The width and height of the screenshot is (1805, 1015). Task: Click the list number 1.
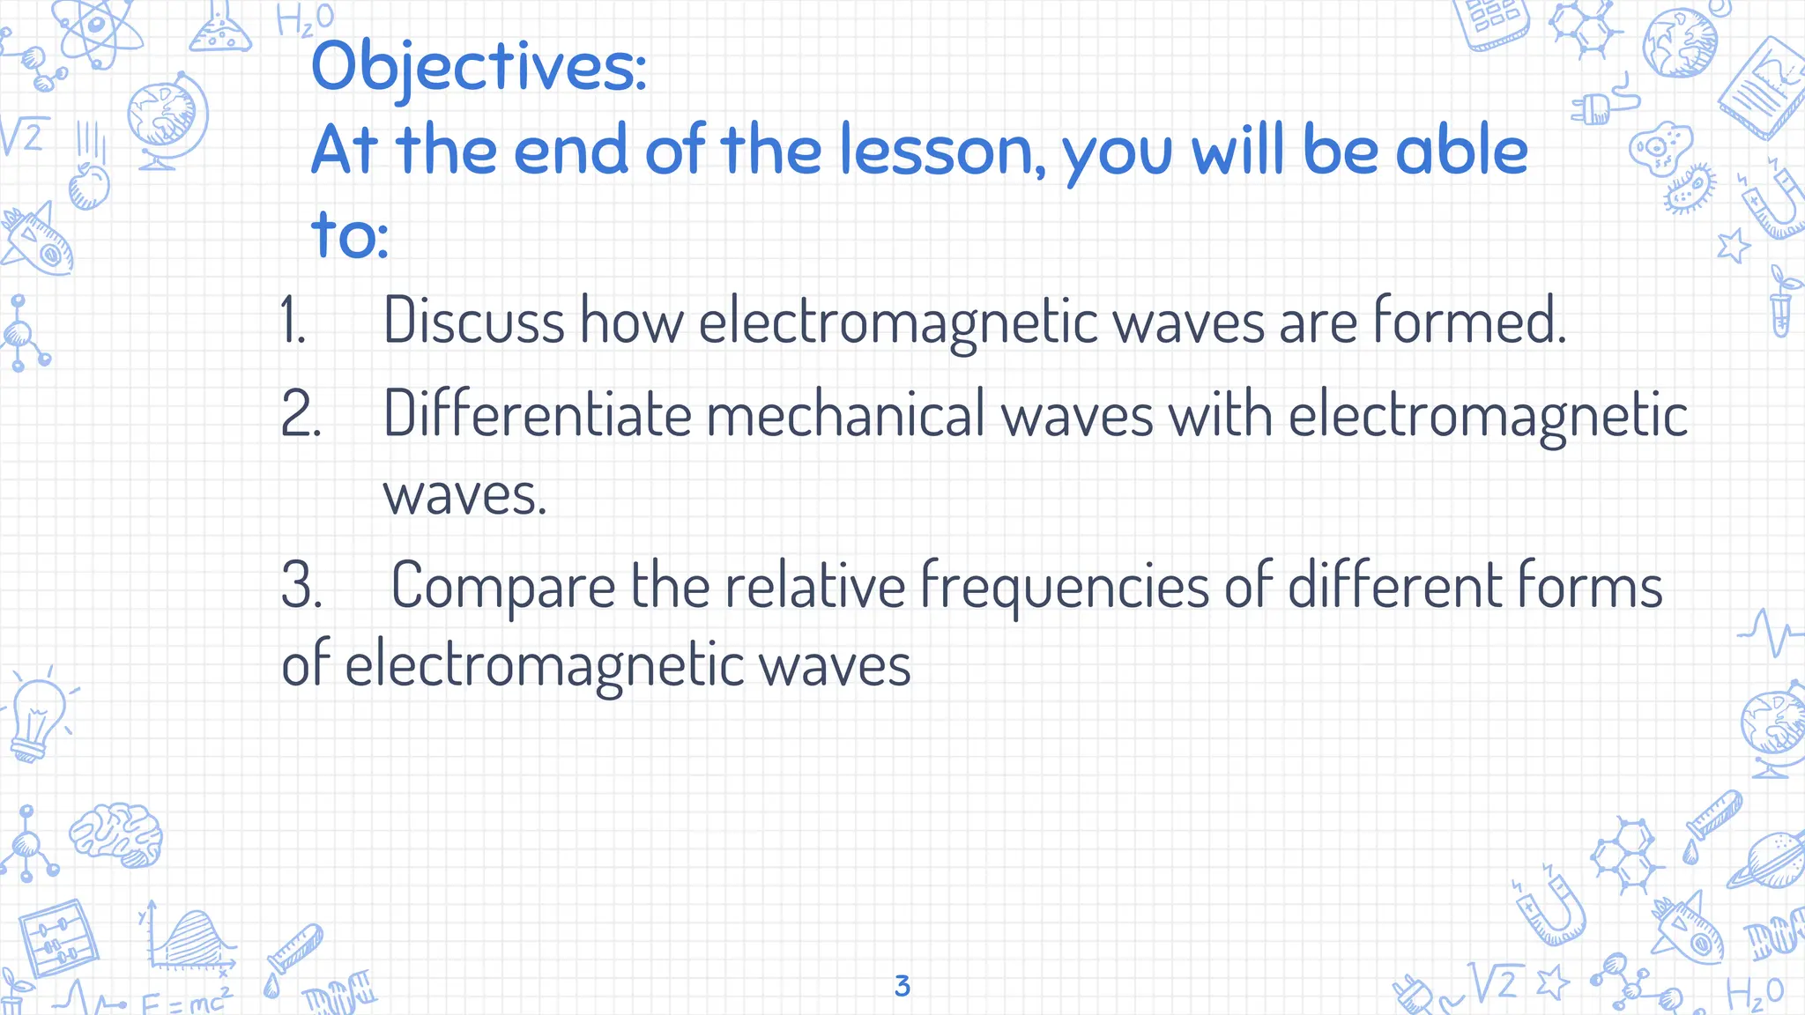(x=293, y=321)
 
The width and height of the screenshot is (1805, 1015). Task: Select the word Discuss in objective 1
(x=473, y=321)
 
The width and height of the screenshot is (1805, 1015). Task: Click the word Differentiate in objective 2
(x=538, y=414)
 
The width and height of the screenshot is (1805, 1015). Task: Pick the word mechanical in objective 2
(x=845, y=414)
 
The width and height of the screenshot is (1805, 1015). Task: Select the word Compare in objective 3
(x=503, y=585)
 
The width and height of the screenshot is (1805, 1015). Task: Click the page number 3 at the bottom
(x=902, y=986)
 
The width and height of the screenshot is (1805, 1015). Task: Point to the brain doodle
(x=117, y=833)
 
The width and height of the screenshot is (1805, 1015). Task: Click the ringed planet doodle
(x=1768, y=858)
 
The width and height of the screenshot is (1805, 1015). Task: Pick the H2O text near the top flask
(x=305, y=19)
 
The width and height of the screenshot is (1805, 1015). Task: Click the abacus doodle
(x=57, y=939)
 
